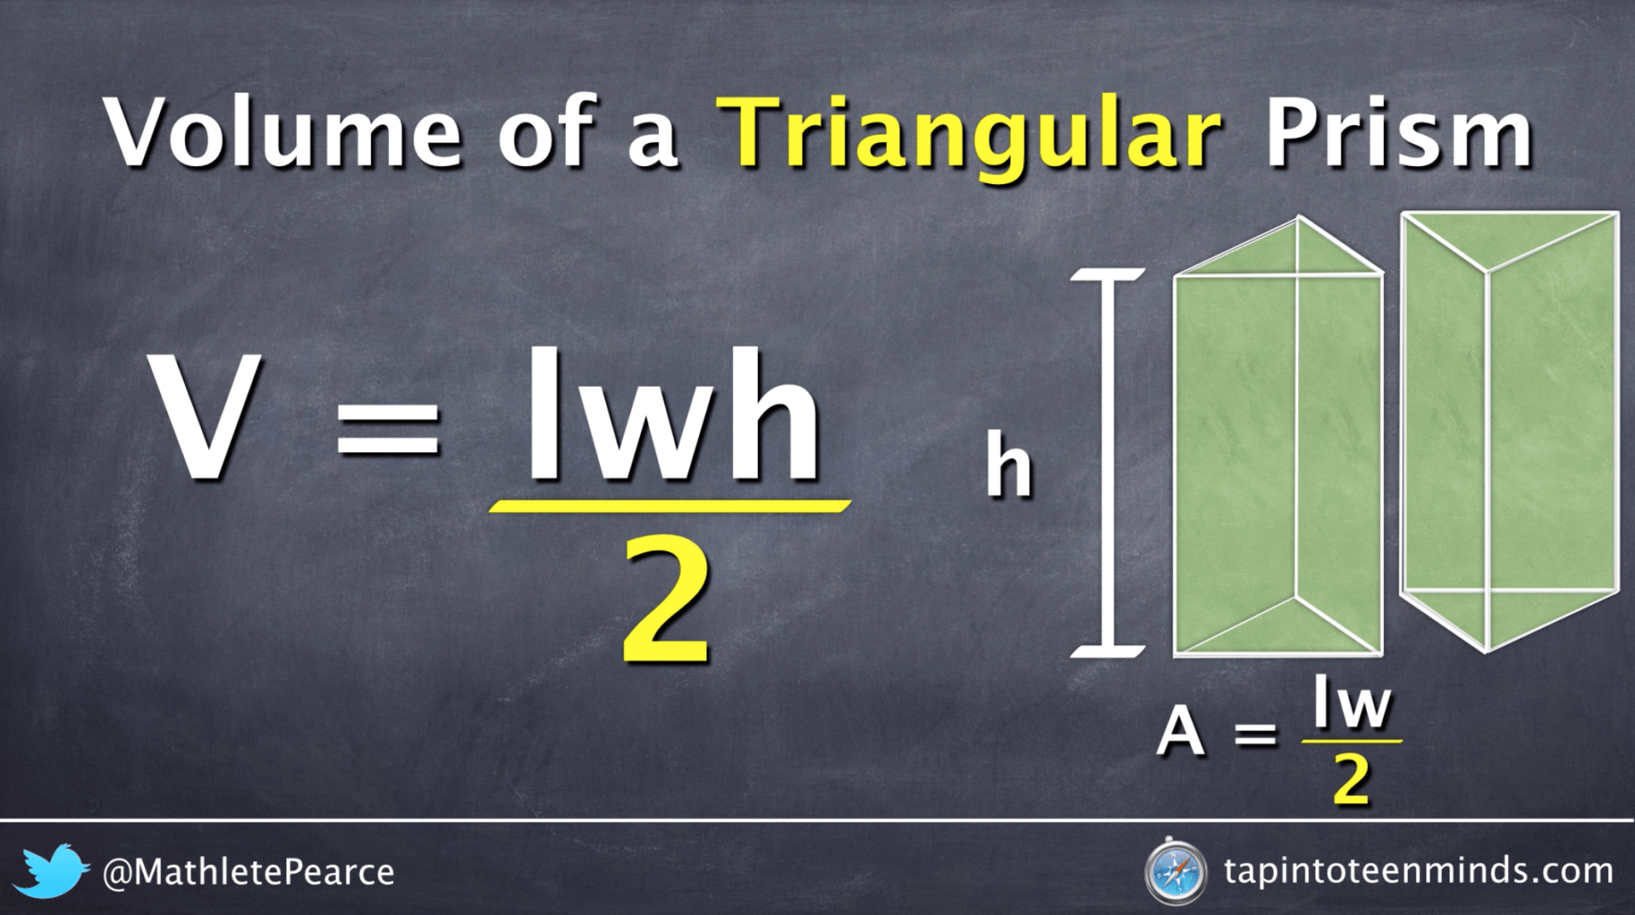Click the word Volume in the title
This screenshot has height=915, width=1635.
[x=283, y=132]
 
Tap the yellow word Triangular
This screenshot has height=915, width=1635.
[x=970, y=135]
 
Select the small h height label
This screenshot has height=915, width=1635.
[x=1009, y=466]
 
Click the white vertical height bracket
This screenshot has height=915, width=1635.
[x=1108, y=463]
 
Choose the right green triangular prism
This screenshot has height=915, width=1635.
[x=1509, y=425]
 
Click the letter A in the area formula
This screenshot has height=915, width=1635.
[x=1180, y=732]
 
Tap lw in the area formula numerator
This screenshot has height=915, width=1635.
[x=1351, y=705]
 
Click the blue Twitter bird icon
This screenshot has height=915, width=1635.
[x=51, y=870]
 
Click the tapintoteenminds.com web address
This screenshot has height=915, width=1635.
[x=1418, y=871]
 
